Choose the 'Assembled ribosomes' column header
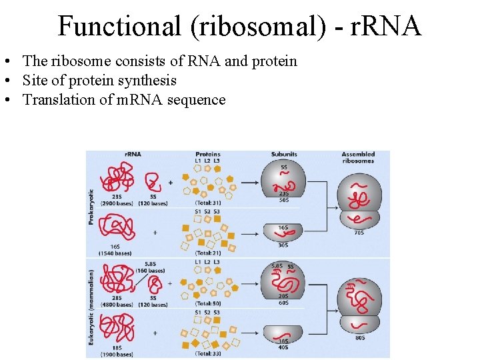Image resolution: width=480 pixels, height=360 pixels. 358,157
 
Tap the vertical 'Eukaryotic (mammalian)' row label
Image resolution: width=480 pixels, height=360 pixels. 91,306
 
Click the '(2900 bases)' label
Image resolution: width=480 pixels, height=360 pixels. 116,203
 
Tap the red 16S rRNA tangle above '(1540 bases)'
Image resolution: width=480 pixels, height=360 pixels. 117,227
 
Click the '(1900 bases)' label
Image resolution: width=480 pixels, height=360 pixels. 116,354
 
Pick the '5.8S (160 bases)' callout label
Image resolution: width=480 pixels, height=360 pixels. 149,267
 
